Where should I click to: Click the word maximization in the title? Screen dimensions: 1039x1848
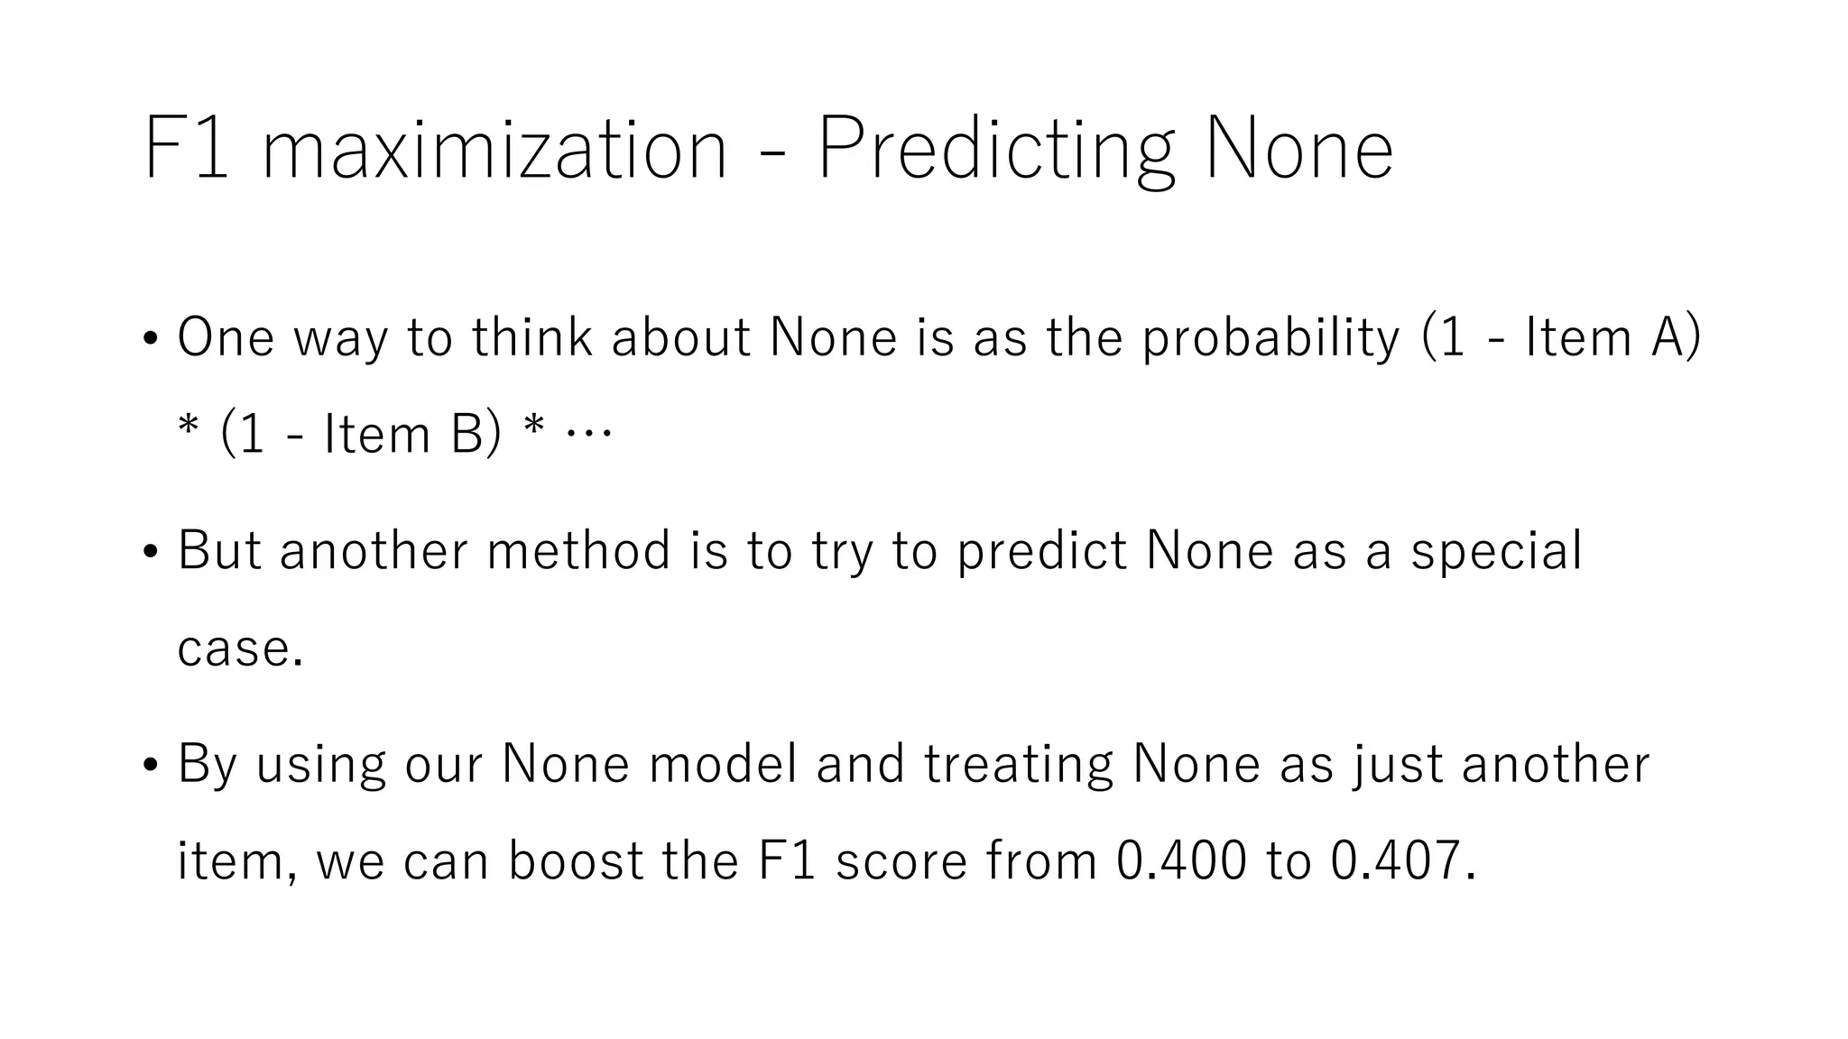point(494,150)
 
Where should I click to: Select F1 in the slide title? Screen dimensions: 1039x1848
point(185,150)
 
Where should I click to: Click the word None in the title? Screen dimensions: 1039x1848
point(1298,150)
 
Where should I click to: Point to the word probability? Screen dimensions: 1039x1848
point(1270,339)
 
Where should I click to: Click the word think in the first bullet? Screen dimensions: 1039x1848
point(532,337)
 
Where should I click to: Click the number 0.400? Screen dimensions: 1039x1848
point(1181,860)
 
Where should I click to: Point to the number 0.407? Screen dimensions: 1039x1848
point(1395,860)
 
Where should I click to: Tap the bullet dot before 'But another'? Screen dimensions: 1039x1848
point(151,552)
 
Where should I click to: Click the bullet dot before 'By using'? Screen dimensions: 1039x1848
point(151,765)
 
